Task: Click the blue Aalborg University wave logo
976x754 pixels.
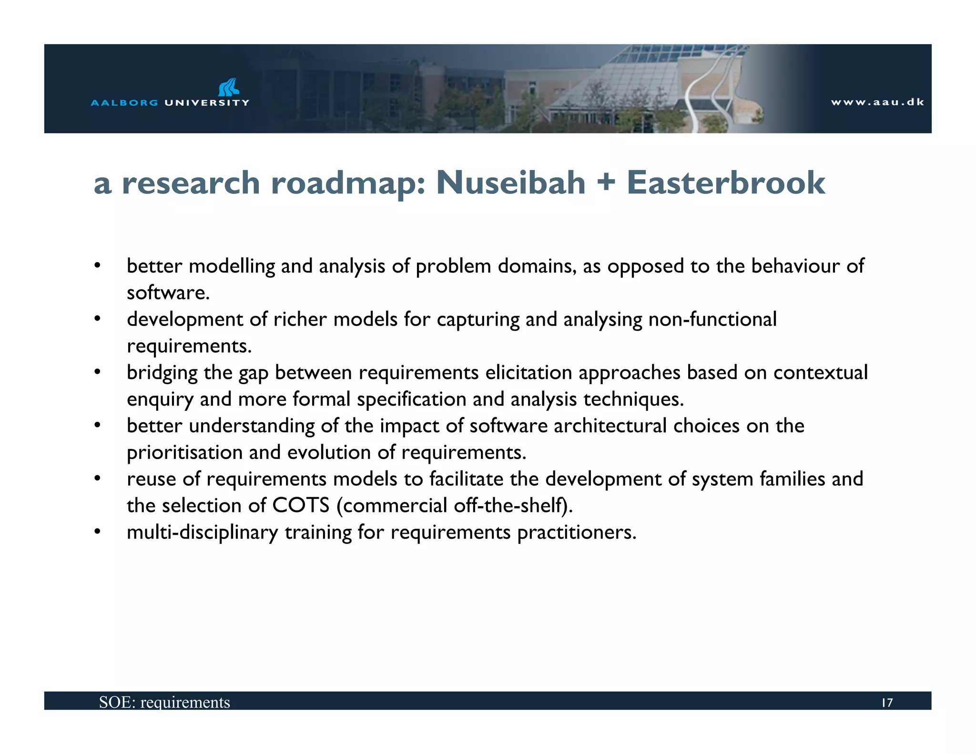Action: (x=229, y=87)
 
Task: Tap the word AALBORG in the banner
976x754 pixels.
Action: (x=124, y=102)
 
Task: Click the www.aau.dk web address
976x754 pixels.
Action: (x=877, y=102)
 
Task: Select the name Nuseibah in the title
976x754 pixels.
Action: (x=510, y=183)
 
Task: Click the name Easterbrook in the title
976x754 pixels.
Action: (x=726, y=183)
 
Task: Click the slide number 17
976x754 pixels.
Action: (x=886, y=703)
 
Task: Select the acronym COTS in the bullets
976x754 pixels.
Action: (x=301, y=506)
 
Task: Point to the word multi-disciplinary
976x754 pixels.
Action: (x=203, y=532)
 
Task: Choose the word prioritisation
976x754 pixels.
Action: (x=184, y=452)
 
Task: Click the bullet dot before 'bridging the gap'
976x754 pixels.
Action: (x=97, y=372)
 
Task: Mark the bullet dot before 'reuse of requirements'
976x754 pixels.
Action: (x=97, y=479)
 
